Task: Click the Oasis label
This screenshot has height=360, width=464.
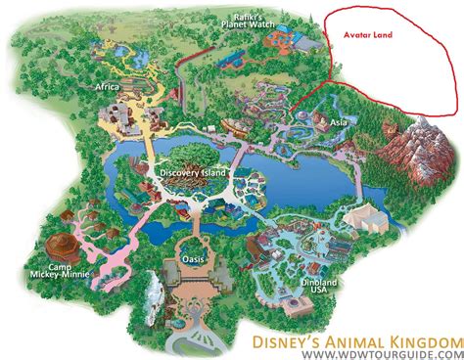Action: point(194,258)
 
